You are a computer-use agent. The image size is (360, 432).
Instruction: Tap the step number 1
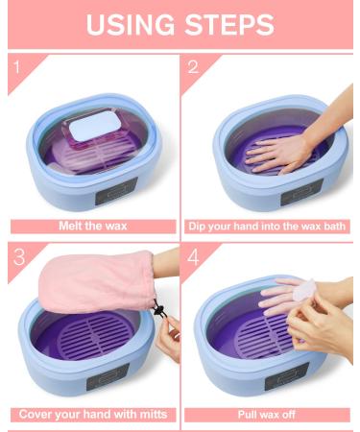point(14,67)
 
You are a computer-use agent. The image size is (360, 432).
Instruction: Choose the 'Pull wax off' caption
point(268,415)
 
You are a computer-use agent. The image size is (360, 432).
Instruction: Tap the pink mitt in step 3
point(91,282)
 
